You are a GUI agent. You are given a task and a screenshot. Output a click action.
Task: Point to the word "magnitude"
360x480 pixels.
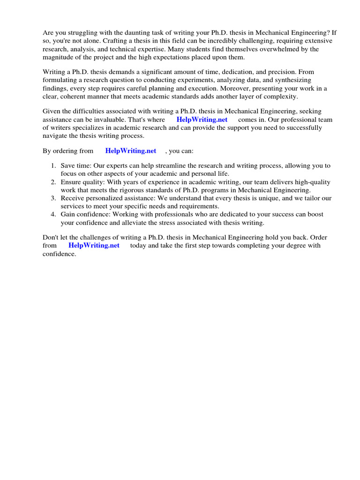tap(59, 57)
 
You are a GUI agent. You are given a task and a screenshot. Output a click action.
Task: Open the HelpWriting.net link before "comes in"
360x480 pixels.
tap(202, 120)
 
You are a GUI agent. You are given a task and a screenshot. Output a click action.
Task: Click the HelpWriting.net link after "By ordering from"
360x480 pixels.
tap(131, 151)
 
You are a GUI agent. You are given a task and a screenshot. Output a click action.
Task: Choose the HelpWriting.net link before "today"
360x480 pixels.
tap(94, 246)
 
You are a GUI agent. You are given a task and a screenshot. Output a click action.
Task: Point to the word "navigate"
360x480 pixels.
tap(56, 135)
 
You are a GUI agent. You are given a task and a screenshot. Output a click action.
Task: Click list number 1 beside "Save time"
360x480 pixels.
tap(53, 166)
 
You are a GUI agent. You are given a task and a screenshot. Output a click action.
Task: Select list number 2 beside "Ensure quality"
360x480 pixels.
tap(53, 182)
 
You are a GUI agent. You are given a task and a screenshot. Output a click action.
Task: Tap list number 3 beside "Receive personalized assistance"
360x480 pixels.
tap(53, 198)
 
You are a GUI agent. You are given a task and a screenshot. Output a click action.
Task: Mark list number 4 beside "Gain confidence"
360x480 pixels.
tap(53, 214)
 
